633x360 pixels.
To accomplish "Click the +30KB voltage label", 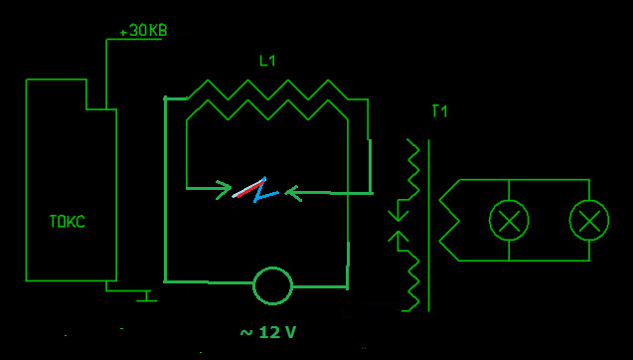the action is [143, 31].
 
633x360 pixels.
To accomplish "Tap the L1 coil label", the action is [267, 61].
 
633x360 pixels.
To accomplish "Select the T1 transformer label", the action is [439, 111].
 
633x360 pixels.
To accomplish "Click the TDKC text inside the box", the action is [67, 222].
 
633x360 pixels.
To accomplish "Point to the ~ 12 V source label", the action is [268, 332].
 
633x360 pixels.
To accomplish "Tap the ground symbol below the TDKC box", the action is [146, 295].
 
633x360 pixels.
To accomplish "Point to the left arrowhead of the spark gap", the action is [224, 190].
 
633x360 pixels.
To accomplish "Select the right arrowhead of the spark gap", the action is [293, 194].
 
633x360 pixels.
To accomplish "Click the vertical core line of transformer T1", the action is [428, 226].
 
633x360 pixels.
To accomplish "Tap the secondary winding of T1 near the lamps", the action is [449, 220].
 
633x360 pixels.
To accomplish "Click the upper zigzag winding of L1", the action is [268, 90].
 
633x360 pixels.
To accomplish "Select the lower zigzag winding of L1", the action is [268, 110].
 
